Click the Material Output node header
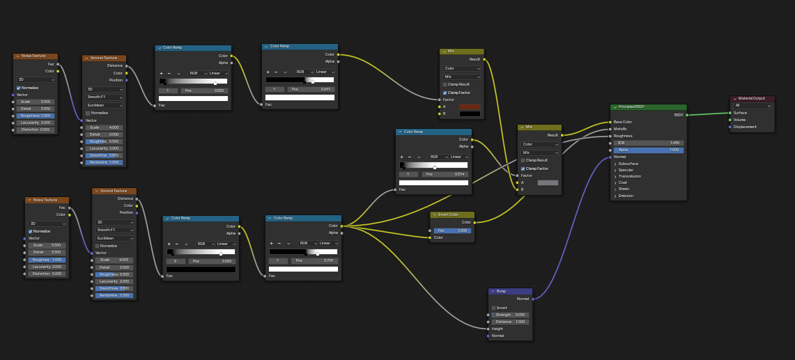[x=752, y=98]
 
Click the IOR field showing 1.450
[x=648, y=143]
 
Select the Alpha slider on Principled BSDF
[x=648, y=150]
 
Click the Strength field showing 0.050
[x=511, y=315]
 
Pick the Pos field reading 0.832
[x=205, y=91]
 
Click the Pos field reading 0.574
[x=445, y=174]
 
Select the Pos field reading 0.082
[x=213, y=261]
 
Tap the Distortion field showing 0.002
[x=36, y=130]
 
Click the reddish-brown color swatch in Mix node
[x=470, y=107]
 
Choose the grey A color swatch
[x=548, y=182]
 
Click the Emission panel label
[x=626, y=196]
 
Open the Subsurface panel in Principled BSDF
[x=628, y=164]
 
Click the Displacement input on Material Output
[x=744, y=127]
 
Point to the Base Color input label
[x=622, y=122]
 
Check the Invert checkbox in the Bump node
[x=494, y=308]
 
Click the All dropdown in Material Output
[x=752, y=106]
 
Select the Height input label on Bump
[x=497, y=329]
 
